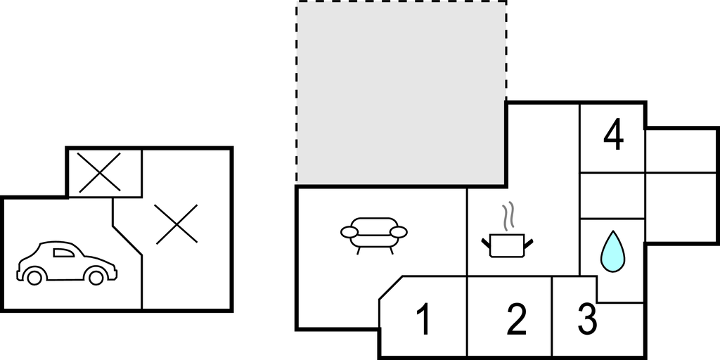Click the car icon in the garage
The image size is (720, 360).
[x=67, y=263]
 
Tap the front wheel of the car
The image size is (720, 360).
[x=96, y=277]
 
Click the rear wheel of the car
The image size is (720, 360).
[x=34, y=277]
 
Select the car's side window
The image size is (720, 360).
[x=63, y=252]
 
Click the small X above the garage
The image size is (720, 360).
[x=99, y=172]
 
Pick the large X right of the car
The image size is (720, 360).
[x=176, y=224]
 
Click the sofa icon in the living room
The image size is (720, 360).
[x=374, y=236]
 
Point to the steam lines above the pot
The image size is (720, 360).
[x=508, y=217]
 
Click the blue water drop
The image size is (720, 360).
[x=612, y=252]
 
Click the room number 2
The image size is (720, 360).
[x=517, y=320]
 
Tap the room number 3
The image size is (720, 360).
[x=587, y=319]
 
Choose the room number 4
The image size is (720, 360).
[x=613, y=134]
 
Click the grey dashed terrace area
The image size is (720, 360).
[x=401, y=93]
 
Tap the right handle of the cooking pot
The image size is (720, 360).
[x=529, y=243]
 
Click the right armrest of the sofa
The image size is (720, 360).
[x=398, y=232]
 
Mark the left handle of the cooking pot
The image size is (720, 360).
[x=486, y=243]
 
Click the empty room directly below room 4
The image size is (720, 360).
[x=612, y=195]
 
